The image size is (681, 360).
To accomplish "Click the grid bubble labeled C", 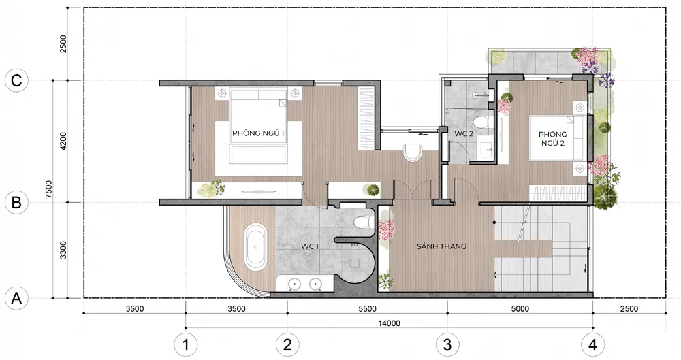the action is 16,81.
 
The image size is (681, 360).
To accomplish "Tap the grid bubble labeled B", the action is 16,203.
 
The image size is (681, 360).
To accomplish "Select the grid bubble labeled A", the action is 16,299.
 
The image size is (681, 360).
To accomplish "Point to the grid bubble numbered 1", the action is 186,345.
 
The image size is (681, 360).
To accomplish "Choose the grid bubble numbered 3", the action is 447,345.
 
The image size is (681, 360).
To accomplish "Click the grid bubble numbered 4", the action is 593,345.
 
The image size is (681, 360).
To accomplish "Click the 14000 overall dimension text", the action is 389,323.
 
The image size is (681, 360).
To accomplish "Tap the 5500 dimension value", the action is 368,309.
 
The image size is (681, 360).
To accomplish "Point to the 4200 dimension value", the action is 63,141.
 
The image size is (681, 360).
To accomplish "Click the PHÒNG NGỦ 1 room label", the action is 258,133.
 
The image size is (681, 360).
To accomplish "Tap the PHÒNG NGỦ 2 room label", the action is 553,139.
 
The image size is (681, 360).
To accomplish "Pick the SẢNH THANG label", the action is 442,246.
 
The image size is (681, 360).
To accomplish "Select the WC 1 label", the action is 310,246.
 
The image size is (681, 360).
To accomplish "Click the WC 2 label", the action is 464,134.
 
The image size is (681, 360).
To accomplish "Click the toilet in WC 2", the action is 482,122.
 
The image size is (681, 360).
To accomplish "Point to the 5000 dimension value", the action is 520,309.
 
